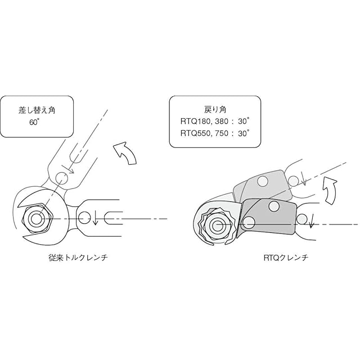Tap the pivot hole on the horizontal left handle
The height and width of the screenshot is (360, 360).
pyautogui.click(x=85, y=216)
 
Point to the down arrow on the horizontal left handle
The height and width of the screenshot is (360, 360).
pyautogui.click(x=96, y=218)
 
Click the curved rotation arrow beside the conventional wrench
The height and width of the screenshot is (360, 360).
pyautogui.click(x=124, y=153)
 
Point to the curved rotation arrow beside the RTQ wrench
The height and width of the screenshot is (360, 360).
pyautogui.click(x=329, y=190)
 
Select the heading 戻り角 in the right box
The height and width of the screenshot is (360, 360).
pyautogui.click(x=215, y=109)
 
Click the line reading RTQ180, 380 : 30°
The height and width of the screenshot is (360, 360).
pyautogui.click(x=215, y=121)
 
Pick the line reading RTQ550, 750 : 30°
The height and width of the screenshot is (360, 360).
pyautogui.click(x=215, y=134)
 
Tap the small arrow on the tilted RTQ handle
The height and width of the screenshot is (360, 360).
pyautogui.click(x=302, y=179)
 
